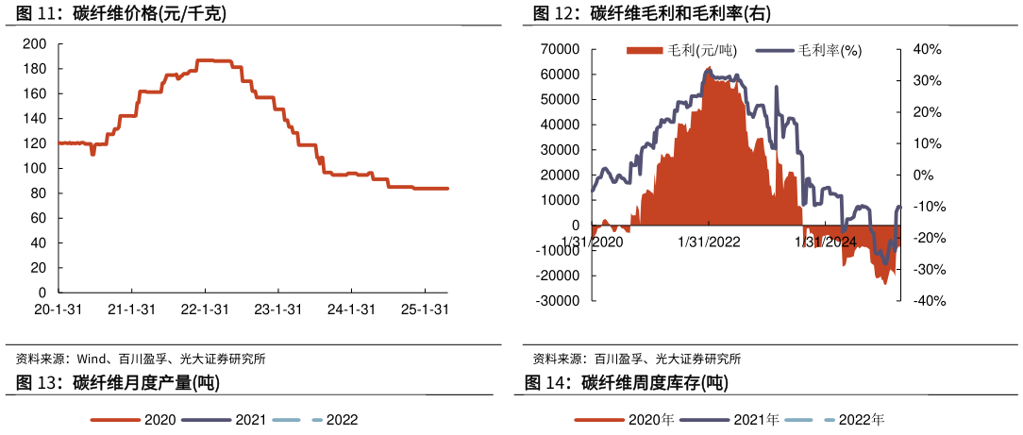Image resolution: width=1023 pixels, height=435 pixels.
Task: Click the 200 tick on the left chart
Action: click(35, 43)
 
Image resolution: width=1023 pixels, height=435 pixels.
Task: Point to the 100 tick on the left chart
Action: click(35, 168)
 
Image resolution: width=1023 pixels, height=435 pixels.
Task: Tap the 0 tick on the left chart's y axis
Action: click(42, 293)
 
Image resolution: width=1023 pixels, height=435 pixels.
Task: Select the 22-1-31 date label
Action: click(205, 310)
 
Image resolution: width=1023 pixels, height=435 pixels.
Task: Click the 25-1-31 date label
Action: click(425, 310)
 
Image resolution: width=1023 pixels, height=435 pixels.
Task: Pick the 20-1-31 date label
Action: click(59, 310)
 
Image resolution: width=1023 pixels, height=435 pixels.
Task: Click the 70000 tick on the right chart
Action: click(561, 49)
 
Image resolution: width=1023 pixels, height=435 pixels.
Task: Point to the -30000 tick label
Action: click(559, 301)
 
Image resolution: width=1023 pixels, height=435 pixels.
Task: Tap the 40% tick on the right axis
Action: click(926, 49)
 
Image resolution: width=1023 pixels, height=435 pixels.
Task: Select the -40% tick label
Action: click(924, 301)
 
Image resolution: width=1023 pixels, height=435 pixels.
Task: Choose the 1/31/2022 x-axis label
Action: click(710, 242)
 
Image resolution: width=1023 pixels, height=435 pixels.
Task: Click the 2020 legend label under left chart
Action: click(159, 420)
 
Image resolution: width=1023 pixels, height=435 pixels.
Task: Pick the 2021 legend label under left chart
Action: click(250, 420)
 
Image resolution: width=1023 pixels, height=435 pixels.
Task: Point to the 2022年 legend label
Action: click(862, 420)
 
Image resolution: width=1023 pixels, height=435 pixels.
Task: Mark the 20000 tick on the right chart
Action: click(561, 175)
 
